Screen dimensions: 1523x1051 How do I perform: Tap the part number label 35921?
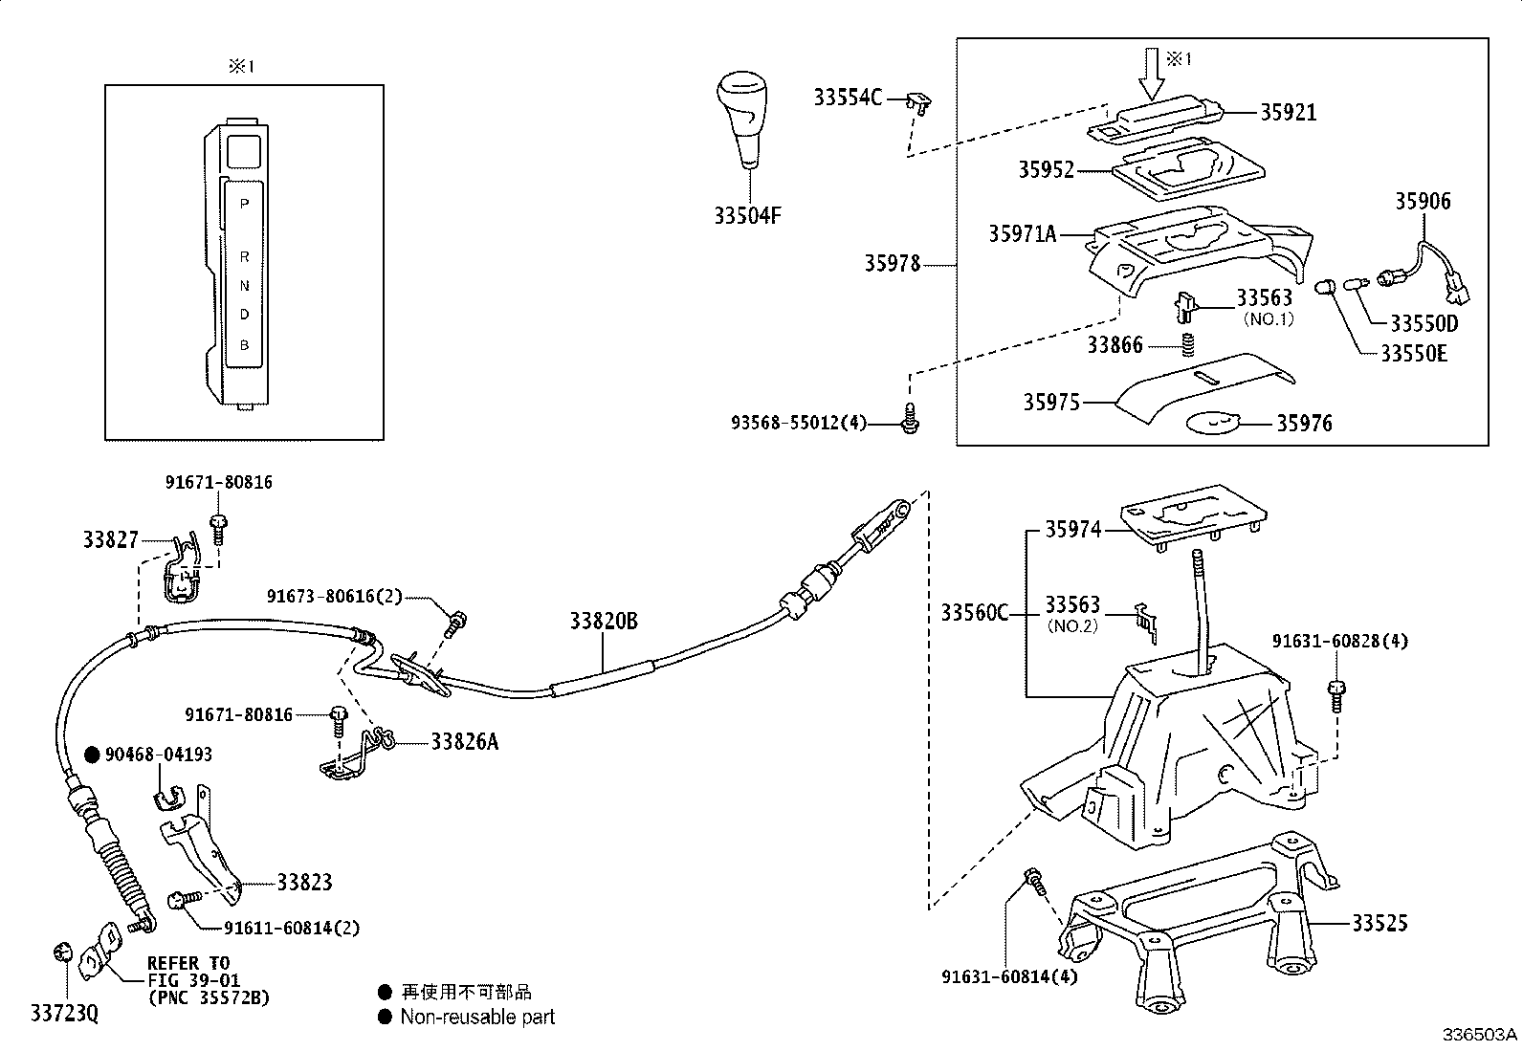(1289, 112)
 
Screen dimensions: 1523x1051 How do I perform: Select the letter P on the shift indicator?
(244, 204)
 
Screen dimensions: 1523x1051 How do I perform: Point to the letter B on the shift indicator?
(244, 345)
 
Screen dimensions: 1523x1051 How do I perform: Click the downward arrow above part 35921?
(1152, 74)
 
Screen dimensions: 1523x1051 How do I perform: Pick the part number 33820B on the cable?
(604, 621)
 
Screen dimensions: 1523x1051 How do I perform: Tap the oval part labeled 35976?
(1212, 424)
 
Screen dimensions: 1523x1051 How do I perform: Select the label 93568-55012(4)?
(799, 423)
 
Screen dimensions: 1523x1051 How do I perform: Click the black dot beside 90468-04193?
(92, 755)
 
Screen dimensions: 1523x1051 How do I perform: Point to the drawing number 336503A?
(1480, 1035)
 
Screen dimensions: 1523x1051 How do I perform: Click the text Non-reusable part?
(477, 1017)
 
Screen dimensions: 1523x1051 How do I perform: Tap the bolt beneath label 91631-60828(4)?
(1336, 697)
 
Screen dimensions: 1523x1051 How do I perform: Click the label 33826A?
(464, 741)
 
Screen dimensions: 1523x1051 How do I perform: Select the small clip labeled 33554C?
(920, 104)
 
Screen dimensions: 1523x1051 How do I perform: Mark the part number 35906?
(1424, 201)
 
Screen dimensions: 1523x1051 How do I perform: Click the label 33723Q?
(65, 1014)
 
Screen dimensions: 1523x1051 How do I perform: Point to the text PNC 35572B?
(210, 998)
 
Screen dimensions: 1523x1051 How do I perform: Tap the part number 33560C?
(975, 612)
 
